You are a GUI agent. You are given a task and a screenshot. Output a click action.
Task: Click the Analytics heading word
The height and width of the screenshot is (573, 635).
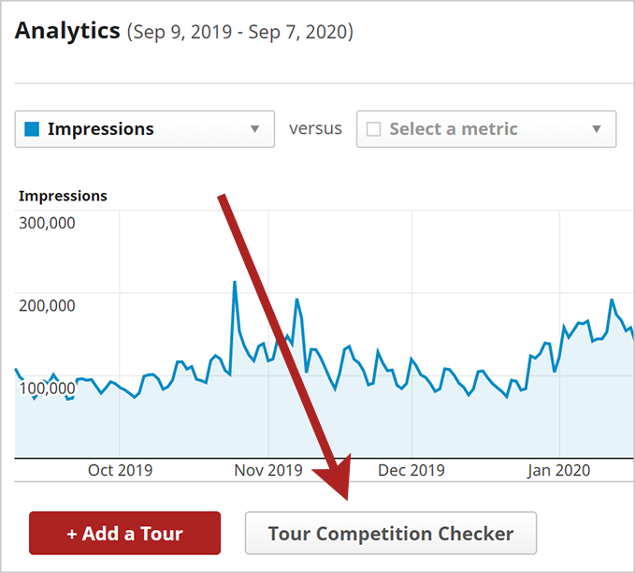tap(67, 31)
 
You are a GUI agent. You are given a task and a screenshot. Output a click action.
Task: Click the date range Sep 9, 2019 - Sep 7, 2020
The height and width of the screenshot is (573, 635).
tap(239, 33)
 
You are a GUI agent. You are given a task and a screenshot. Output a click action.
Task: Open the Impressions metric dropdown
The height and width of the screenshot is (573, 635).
tap(144, 129)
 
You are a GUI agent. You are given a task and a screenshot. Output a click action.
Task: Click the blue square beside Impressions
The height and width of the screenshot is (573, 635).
tap(32, 129)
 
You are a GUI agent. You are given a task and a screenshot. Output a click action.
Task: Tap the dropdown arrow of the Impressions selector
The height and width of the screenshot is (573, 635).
tap(254, 129)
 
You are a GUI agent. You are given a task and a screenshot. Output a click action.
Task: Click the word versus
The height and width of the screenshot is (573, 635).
tap(315, 128)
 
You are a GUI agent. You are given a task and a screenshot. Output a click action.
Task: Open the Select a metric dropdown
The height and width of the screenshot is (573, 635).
tap(485, 129)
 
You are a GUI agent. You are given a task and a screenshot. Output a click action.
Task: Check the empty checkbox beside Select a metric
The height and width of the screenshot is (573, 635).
tap(373, 129)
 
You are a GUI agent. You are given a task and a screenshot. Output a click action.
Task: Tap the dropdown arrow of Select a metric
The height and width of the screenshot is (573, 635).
tap(597, 129)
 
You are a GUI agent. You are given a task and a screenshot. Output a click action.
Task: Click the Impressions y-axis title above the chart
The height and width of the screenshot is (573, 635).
tap(63, 196)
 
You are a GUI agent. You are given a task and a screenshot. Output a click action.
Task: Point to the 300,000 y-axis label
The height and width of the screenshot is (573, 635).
tap(47, 223)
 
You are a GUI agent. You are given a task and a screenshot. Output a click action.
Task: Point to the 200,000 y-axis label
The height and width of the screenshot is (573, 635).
tap(47, 304)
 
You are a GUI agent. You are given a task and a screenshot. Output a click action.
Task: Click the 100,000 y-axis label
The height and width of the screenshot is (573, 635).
tap(47, 387)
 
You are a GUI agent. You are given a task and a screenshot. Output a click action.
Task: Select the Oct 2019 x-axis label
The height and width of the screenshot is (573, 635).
tap(120, 470)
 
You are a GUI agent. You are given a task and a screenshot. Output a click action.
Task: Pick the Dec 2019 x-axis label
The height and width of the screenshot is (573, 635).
tap(411, 470)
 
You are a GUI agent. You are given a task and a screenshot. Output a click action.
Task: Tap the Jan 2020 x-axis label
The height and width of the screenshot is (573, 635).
tap(558, 470)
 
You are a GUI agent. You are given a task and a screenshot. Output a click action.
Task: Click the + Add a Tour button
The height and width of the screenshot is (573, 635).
tap(124, 534)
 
